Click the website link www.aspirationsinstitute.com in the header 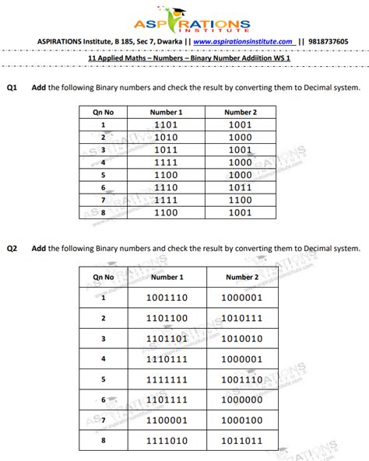(243, 41)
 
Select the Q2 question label (12, 249)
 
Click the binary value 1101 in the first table (167, 124)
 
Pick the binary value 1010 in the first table (167, 137)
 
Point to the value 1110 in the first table (167, 187)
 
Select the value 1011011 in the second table (241, 440)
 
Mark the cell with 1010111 (241, 318)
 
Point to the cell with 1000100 (241, 420)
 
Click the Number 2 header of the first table (241, 112)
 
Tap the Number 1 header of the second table (167, 277)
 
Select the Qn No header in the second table (104, 277)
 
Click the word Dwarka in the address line (162, 41)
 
